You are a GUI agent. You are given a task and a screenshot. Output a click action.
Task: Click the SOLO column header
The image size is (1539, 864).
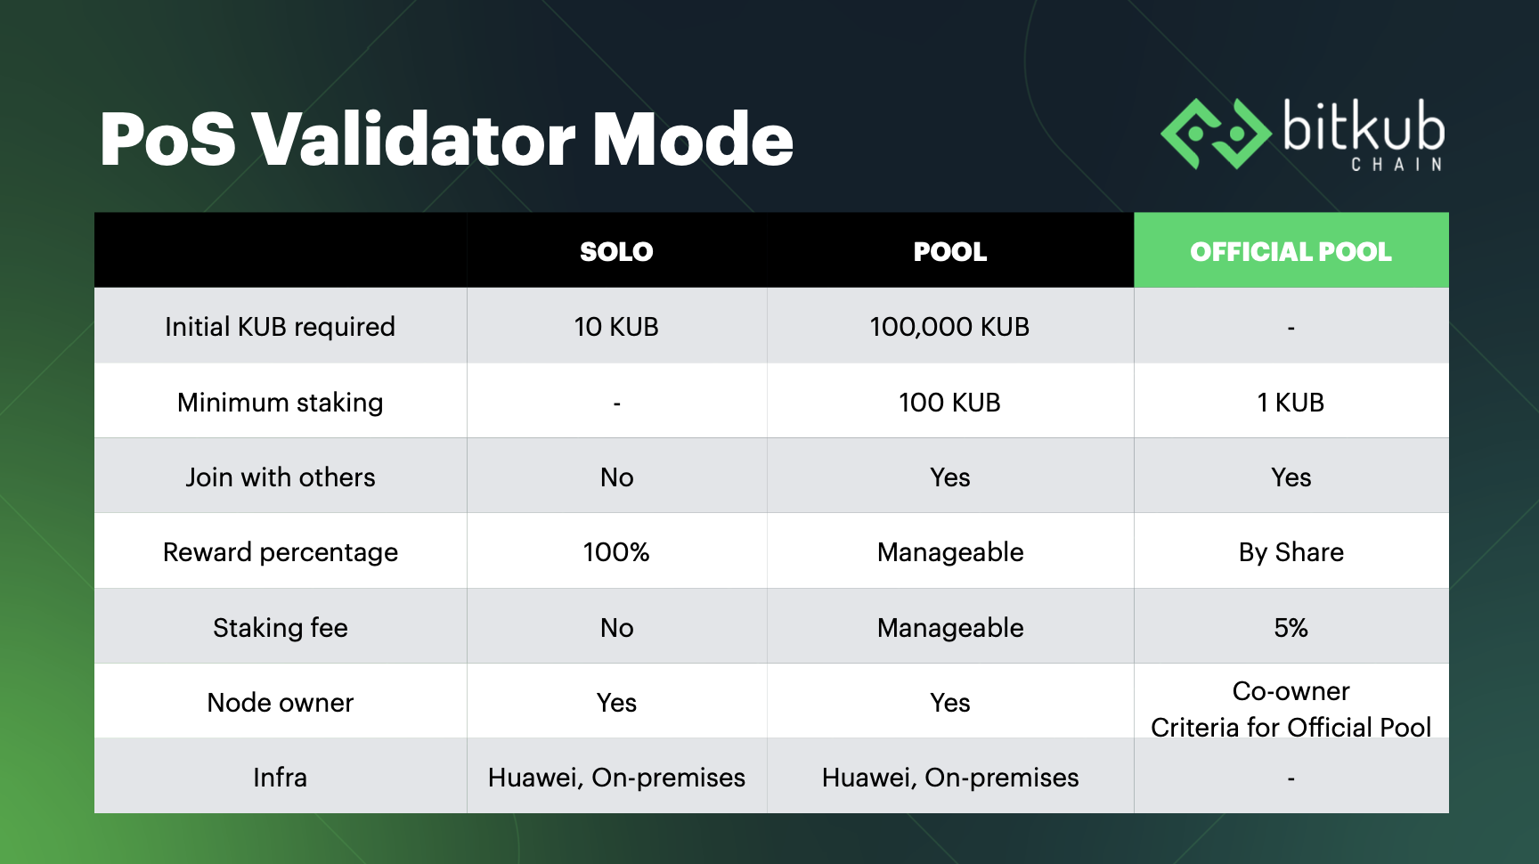tap(616, 252)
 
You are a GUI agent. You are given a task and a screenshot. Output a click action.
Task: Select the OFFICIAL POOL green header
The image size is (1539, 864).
tap(1291, 250)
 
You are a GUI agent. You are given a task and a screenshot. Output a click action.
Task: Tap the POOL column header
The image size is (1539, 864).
tap(950, 252)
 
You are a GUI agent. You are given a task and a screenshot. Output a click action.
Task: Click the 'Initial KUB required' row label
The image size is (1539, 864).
tap(280, 327)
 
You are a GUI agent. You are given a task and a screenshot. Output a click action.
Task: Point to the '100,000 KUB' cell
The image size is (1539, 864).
tap(949, 327)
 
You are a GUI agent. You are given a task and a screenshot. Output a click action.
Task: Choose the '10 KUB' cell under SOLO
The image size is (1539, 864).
tap(616, 327)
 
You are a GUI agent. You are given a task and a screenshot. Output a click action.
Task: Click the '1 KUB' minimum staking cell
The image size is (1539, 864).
tap(1291, 403)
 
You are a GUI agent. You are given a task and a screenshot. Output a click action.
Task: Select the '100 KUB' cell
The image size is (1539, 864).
tap(949, 403)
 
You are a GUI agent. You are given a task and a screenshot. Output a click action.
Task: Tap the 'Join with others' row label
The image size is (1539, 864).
tap(280, 477)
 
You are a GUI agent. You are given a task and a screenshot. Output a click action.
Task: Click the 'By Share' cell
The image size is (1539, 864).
tap(1291, 552)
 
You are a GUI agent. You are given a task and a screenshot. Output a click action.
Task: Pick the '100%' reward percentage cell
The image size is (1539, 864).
tap(616, 552)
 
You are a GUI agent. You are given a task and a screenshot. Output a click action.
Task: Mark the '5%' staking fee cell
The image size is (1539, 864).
tap(1291, 628)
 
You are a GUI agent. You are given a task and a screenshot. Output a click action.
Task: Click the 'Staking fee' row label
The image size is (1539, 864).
tap(280, 628)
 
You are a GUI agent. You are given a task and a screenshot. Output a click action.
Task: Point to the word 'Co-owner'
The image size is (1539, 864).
tap(1291, 691)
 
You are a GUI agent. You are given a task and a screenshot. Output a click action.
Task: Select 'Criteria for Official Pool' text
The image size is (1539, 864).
tap(1291, 728)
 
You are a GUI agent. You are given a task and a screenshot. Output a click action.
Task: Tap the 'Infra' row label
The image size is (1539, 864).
tap(280, 778)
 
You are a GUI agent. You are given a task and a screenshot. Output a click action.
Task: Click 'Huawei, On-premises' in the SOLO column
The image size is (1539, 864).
tap(616, 778)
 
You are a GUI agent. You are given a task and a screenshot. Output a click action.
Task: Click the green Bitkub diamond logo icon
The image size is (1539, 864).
tap(1216, 134)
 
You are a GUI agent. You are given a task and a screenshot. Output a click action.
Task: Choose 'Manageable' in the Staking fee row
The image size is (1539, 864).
tap(950, 628)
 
